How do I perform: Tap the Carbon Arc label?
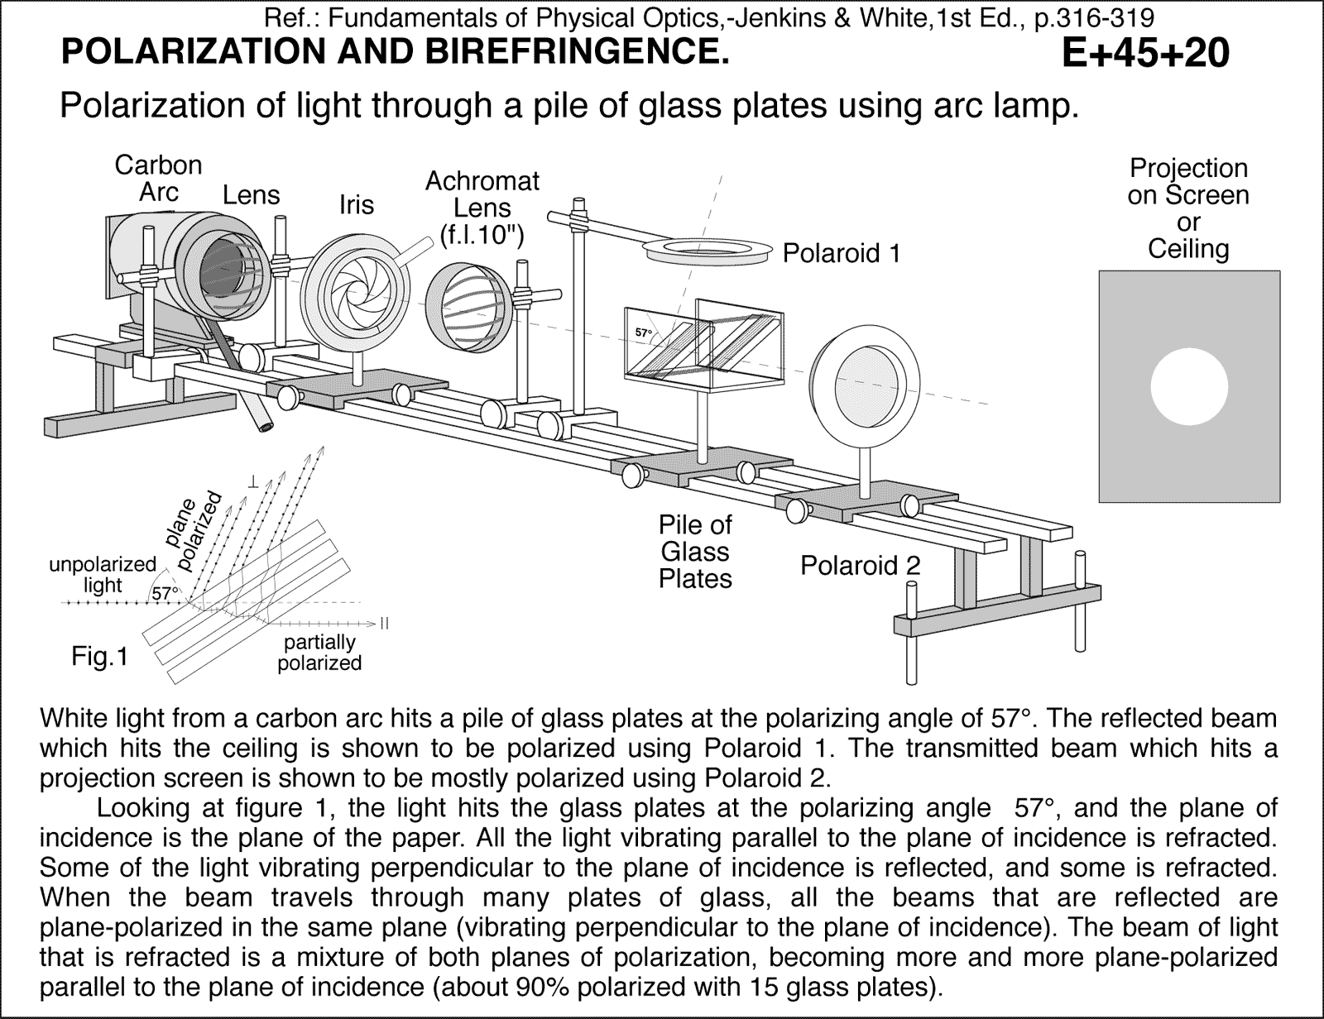click(x=158, y=178)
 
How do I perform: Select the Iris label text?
click(x=356, y=204)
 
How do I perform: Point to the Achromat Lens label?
click(x=482, y=208)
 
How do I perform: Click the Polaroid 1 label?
click(x=841, y=253)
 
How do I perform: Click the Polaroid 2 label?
click(x=860, y=566)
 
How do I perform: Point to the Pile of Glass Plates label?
click(x=695, y=552)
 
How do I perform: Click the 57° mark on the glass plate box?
click(x=643, y=332)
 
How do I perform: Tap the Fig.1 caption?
click(x=99, y=658)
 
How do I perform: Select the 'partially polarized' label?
click(x=319, y=653)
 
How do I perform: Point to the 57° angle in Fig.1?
click(x=165, y=593)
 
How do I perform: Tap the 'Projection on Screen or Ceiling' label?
click(x=1187, y=208)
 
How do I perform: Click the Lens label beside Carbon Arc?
click(x=251, y=195)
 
